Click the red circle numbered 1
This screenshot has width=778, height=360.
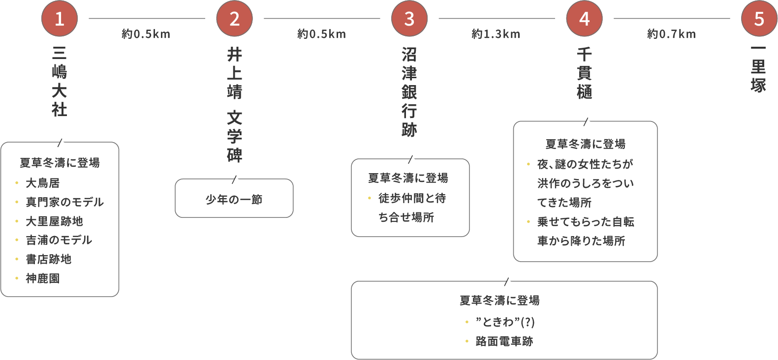(60, 19)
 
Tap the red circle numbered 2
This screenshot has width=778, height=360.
(234, 19)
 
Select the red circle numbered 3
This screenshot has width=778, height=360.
(409, 19)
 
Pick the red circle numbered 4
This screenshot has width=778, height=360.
(584, 19)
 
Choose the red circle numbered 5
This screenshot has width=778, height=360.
(759, 19)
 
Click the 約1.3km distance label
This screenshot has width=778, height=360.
(496, 34)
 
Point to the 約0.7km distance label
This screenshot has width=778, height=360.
(671, 34)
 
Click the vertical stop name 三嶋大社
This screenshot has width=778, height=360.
(60, 82)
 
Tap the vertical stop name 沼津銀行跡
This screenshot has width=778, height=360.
(409, 91)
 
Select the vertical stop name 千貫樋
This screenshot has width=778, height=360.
(584, 73)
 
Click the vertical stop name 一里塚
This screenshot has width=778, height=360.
(758, 69)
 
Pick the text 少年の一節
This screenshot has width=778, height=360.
(234, 199)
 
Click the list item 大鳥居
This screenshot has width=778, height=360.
(42, 183)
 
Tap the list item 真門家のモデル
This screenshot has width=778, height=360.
(64, 202)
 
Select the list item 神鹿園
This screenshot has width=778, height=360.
(42, 278)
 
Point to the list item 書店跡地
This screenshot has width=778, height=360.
(48, 259)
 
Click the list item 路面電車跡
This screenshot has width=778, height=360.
(504, 341)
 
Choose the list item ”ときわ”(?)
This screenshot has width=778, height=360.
(505, 322)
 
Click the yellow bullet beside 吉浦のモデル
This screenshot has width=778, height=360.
(17, 240)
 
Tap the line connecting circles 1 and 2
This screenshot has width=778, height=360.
(147, 19)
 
